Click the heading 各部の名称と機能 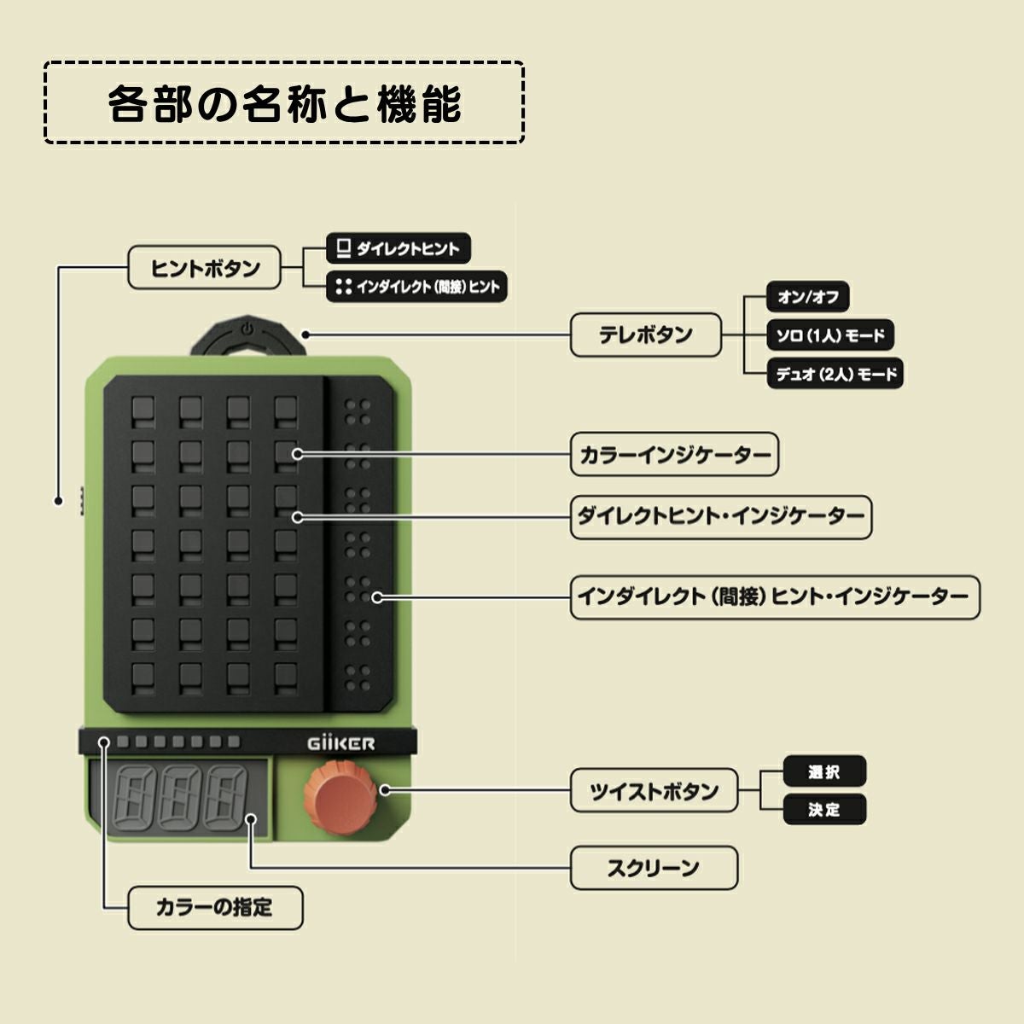(x=284, y=102)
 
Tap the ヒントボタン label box (x=205, y=268)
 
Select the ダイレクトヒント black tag (x=399, y=249)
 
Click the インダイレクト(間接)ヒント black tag (x=417, y=287)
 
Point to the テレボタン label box (x=645, y=335)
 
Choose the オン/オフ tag (x=807, y=297)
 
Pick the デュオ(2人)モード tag (x=835, y=374)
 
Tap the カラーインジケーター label (x=674, y=454)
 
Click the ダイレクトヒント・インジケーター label (x=721, y=516)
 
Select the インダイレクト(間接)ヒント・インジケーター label (x=775, y=596)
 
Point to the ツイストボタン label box (x=654, y=791)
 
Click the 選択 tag (x=824, y=771)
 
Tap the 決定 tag (x=824, y=809)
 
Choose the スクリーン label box (x=654, y=868)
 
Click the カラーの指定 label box (x=215, y=907)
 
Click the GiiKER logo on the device (x=340, y=743)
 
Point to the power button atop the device (x=247, y=329)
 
